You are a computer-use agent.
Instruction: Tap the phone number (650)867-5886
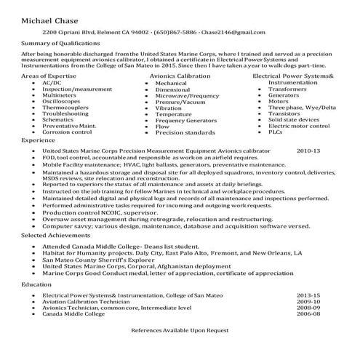click(x=174, y=33)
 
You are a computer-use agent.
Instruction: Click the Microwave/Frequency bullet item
click(x=187, y=95)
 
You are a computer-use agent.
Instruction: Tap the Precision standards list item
click(x=185, y=132)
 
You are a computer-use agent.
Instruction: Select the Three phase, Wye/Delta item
click(x=302, y=108)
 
